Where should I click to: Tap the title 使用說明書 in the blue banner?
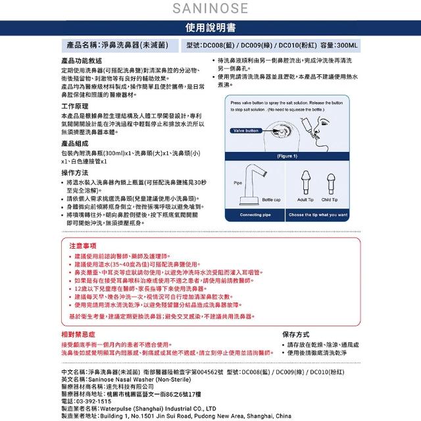pyautogui.click(x=210, y=29)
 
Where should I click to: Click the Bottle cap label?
pyautogui.click(x=271, y=199)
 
